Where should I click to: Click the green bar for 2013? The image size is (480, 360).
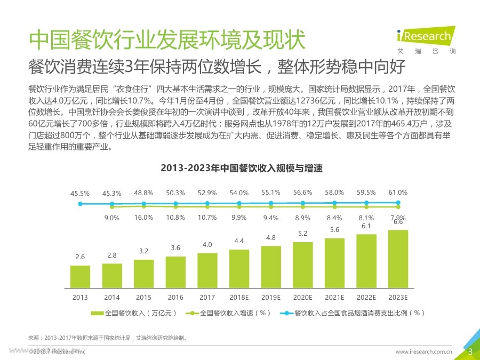[80, 276]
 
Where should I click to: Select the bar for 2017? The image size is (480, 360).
[207, 270]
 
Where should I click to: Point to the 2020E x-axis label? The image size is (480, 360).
[302, 297]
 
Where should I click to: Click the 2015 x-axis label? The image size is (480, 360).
[143, 297]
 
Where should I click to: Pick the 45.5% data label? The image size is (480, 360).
[80, 193]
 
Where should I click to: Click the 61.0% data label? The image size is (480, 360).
[398, 192]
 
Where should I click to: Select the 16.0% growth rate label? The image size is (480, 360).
[143, 218]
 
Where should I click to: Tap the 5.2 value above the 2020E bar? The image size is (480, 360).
[302, 233]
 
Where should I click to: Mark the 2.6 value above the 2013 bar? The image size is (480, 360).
[80, 257]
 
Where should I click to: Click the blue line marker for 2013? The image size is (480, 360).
[80, 204]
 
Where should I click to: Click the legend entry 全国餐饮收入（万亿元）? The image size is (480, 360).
[133, 313]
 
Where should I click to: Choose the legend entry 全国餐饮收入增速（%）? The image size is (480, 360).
[229, 313]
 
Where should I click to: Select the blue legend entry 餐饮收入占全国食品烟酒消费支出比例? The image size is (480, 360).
[352, 313]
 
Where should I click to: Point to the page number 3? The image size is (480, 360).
[470, 351]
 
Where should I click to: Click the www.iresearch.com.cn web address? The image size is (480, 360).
[423, 352]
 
